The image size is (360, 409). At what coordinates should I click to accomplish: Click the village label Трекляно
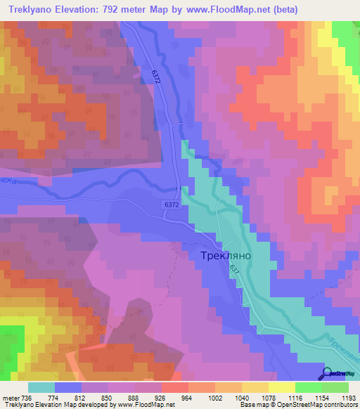click(x=221, y=257)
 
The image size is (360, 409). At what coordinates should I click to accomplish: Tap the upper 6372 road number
click(x=155, y=78)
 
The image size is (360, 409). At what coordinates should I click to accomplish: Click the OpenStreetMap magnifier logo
click(x=328, y=372)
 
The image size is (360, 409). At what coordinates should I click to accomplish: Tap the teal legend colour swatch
click(x=41, y=387)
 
